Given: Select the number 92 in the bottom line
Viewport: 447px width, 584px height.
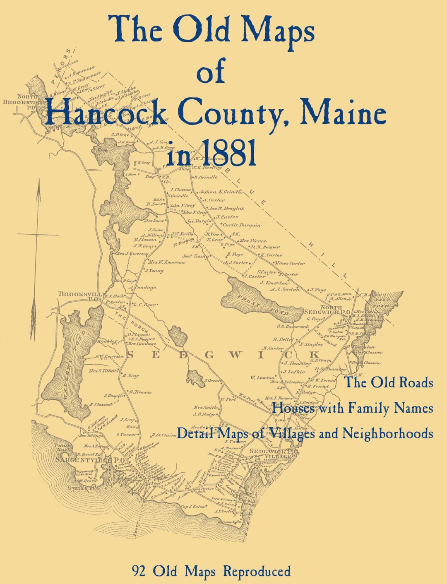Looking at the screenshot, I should [139, 571].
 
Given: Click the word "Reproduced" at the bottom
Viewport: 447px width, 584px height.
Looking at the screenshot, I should [257, 571].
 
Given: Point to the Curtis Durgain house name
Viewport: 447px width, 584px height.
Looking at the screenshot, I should [242, 225].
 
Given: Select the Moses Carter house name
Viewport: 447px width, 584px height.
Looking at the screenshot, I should [290, 263].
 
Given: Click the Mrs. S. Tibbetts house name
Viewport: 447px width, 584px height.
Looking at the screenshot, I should [104, 371].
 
